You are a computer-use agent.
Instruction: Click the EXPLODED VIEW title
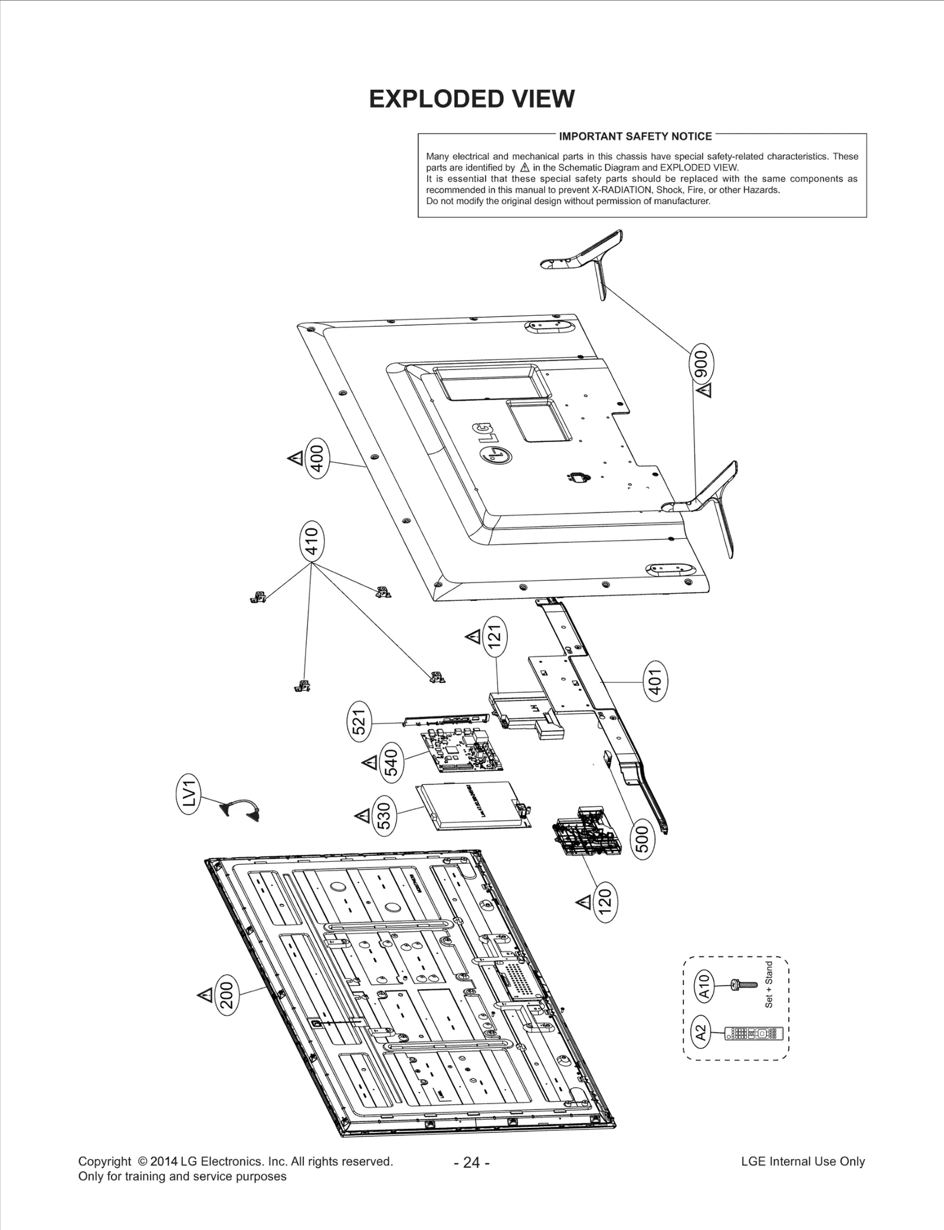471,99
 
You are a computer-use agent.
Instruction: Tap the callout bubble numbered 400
317,458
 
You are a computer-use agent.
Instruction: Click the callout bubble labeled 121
496,637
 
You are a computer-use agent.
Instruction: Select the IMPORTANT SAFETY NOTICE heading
635,136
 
